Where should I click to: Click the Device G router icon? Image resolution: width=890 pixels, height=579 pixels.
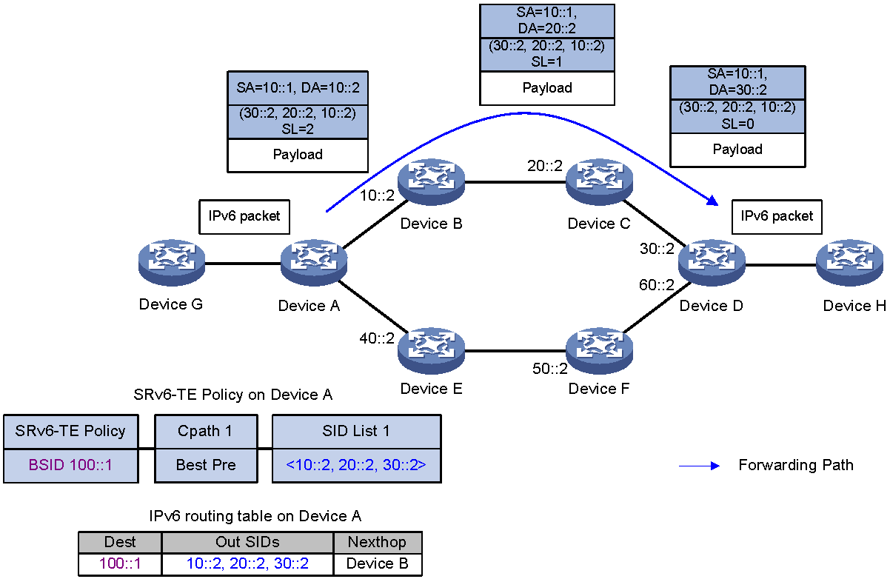(x=172, y=262)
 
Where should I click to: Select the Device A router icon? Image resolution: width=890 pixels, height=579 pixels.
(x=314, y=262)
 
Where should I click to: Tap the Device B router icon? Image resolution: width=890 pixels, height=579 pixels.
(x=431, y=182)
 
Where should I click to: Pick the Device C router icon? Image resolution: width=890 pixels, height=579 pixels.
(x=599, y=182)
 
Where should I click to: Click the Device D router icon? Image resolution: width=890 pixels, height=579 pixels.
(x=712, y=262)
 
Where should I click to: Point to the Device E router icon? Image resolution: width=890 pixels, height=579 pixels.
(x=431, y=350)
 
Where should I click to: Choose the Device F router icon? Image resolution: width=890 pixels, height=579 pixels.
(x=599, y=350)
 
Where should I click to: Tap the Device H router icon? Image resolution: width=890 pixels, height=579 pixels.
(x=849, y=262)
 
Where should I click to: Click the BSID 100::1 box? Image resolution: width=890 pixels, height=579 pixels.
(x=71, y=466)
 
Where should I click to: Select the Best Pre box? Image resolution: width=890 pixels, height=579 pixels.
(x=206, y=466)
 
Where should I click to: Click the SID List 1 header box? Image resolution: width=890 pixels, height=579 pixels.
(x=356, y=432)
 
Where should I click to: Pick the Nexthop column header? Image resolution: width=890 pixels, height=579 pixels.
(x=378, y=542)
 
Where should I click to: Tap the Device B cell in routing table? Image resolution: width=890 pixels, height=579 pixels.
(x=378, y=564)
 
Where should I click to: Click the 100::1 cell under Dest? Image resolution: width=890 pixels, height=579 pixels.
(x=120, y=564)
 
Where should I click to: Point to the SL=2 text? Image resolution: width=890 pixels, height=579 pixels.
(x=298, y=129)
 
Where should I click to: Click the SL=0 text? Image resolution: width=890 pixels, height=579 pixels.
(x=737, y=124)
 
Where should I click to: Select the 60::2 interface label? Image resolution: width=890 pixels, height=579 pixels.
(x=656, y=285)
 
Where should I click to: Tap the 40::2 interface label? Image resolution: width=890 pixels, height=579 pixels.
(x=377, y=338)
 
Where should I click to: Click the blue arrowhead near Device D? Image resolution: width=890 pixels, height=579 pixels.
(x=713, y=201)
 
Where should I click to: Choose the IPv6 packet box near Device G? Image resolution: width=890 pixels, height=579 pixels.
(x=244, y=217)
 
